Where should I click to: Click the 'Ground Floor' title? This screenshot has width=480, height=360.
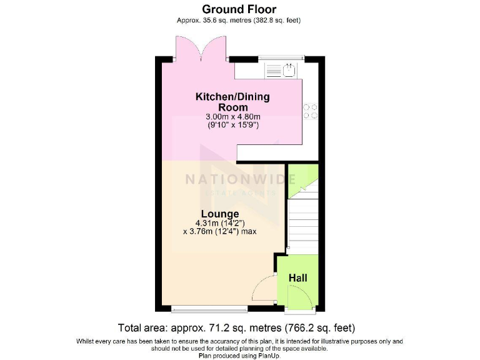(240, 9)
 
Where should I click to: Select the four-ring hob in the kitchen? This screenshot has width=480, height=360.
(309, 111)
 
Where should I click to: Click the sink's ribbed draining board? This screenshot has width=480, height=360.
(273, 71)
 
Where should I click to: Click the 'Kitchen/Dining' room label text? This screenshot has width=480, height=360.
(232, 97)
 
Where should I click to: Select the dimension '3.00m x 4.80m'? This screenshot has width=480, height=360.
(232, 117)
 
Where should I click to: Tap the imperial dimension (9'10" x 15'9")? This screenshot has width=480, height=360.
(232, 125)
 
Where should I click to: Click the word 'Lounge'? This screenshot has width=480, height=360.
(219, 214)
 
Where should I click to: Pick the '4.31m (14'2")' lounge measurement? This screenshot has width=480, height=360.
(219, 223)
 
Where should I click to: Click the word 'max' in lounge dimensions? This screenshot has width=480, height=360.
(247, 231)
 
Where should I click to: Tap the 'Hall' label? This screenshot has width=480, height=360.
(297, 277)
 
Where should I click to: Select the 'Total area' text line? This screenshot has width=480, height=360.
(237, 327)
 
